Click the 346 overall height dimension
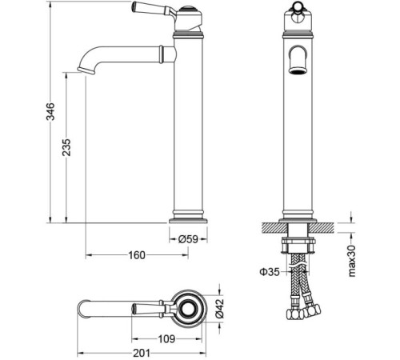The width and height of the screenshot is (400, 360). [x=50, y=111]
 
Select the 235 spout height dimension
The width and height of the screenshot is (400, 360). [x=66, y=147]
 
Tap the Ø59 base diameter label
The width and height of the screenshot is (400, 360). [x=188, y=239]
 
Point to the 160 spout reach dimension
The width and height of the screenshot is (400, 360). [x=137, y=255]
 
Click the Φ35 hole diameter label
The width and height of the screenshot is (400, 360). [x=270, y=272]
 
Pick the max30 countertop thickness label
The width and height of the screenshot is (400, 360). [x=352, y=261]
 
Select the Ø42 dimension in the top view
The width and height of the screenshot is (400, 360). [x=219, y=309]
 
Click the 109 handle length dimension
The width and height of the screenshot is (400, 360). [x=166, y=339]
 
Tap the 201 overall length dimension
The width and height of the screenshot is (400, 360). [x=142, y=353]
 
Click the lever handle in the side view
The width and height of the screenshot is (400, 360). [x=153, y=9]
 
